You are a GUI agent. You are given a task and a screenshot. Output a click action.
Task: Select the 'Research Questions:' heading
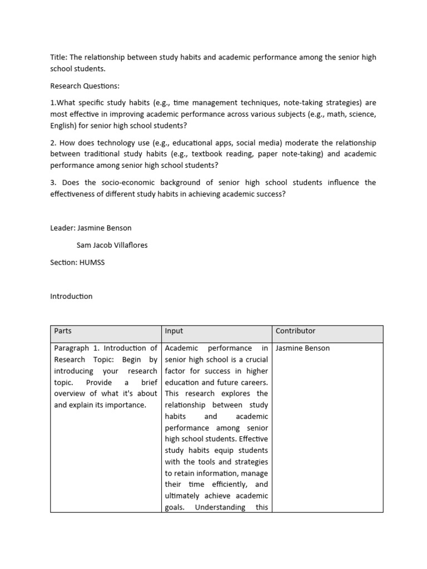pyautogui.click(x=85, y=86)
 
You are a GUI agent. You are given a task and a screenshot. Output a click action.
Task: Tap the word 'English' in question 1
pyautogui.click(x=63, y=125)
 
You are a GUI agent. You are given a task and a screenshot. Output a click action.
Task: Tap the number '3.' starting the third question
pyautogui.click(x=54, y=183)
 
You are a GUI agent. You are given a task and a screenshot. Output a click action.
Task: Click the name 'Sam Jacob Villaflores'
pyautogui.click(x=112, y=245)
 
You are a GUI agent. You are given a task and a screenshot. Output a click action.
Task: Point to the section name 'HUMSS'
pyautogui.click(x=92, y=262)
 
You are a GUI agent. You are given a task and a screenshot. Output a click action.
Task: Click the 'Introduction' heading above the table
pyautogui.click(x=71, y=296)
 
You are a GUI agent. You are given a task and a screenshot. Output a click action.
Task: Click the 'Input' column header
pyautogui.click(x=174, y=331)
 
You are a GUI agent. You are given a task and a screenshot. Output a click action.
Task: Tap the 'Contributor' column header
pyautogui.click(x=295, y=331)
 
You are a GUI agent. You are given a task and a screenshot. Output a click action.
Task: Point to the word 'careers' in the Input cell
pyautogui.click(x=252, y=382)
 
